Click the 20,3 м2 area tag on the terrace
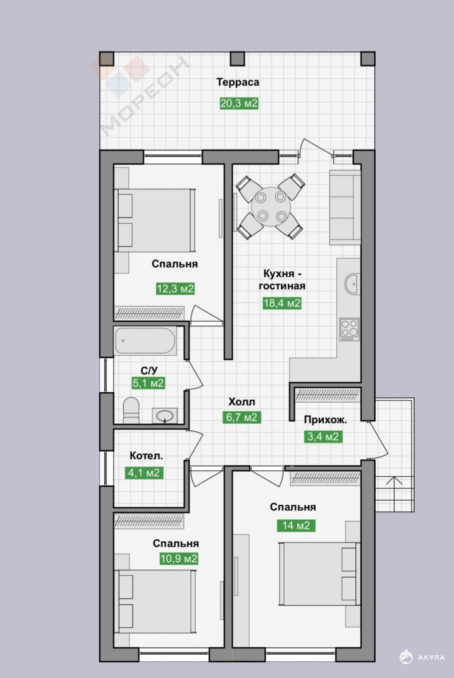239,103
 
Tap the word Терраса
238,82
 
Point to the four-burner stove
350,330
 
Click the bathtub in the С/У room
145,341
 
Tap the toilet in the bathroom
131,409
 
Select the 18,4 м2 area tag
282,303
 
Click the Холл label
242,401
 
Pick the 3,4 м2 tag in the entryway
323,437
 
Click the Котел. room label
146,456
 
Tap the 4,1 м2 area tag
144,473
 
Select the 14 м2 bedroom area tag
296,526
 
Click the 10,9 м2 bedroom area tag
179,558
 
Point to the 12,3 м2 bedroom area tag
175,289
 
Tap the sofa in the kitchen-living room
345,207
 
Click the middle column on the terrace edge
238,58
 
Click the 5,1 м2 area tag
148,383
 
